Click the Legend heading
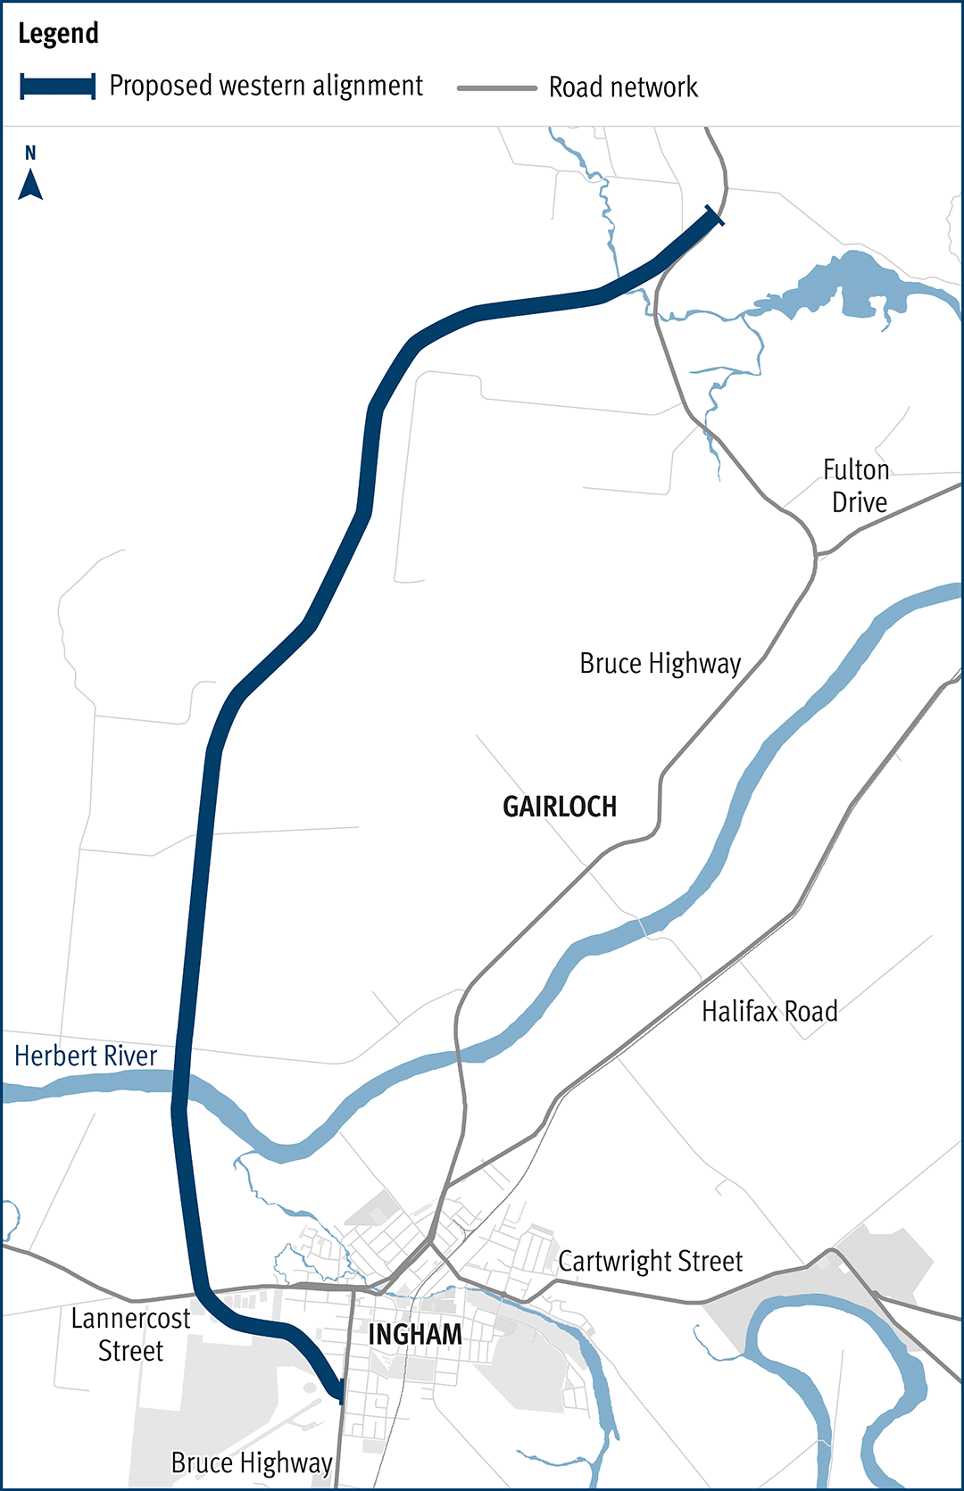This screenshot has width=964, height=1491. pos(58,34)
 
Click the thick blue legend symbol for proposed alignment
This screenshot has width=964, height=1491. pos(58,87)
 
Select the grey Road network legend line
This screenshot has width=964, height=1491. pos(496,88)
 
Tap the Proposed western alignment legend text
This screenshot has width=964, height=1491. pos(265,86)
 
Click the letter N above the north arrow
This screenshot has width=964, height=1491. pos(30,153)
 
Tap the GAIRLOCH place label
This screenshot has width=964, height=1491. pos(560,807)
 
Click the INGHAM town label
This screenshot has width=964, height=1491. pos(415,1335)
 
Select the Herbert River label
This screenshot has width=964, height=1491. pos(86,1056)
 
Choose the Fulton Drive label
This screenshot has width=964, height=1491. pos(857,486)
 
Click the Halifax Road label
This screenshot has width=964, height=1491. pos(769,1012)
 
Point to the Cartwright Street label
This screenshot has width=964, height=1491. pos(650,1262)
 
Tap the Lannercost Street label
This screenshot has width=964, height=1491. pos(130,1335)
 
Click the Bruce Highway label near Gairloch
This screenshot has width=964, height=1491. pos(661,664)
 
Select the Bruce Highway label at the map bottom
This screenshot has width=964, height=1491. pos(252,1463)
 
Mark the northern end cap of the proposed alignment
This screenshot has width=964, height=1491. pos(714,215)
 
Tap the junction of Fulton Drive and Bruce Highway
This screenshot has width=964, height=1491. pos(816,555)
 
